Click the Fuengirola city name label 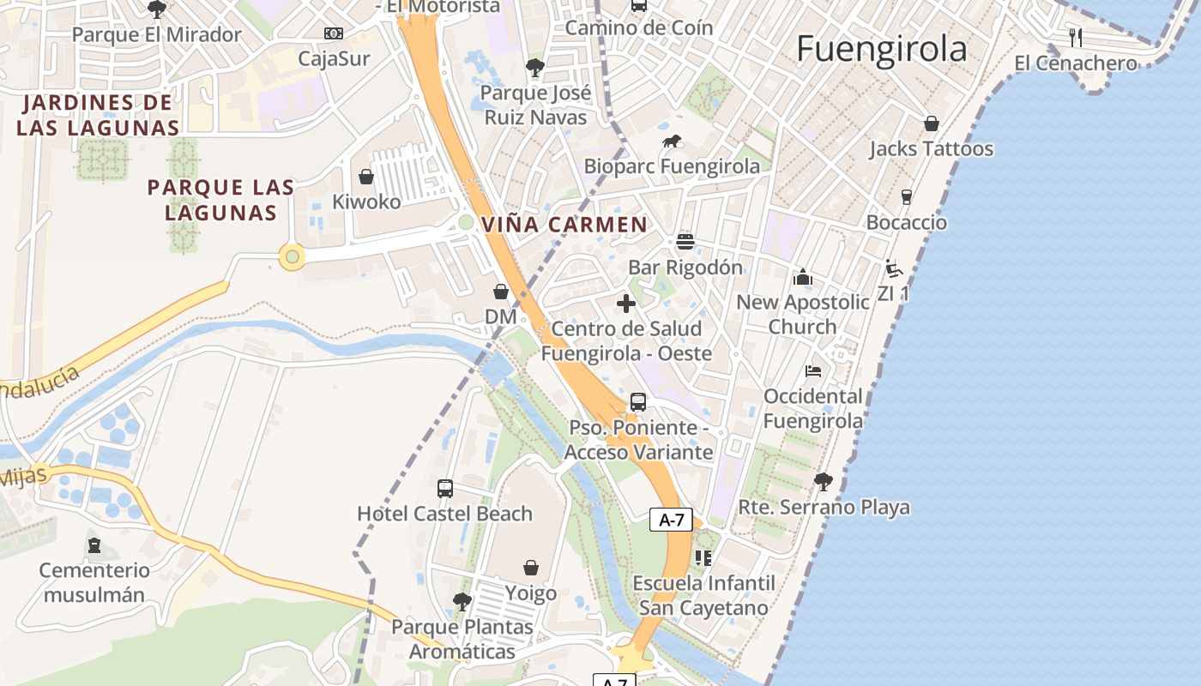pos(881,49)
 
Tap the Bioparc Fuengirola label pos(672,165)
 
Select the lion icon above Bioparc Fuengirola pos(672,141)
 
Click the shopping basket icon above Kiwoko pos(366,177)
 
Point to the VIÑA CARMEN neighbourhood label pos(564,225)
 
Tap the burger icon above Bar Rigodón pos(685,241)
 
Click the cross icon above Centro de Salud pos(626,303)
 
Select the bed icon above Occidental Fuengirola pos(813,370)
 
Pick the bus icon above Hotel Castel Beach pos(444,489)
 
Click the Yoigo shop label pos(531,593)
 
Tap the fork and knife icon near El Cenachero pos(1076,37)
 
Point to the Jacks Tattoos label pos(931,148)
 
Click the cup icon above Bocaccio pos(907,197)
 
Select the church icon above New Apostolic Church pos(803,276)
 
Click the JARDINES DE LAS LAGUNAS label pos(98,115)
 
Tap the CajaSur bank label pos(334,58)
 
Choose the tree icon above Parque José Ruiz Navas pos(535,67)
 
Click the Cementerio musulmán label pos(94,582)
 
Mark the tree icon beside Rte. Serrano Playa pos(824,481)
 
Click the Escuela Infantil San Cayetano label pos(703,595)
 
